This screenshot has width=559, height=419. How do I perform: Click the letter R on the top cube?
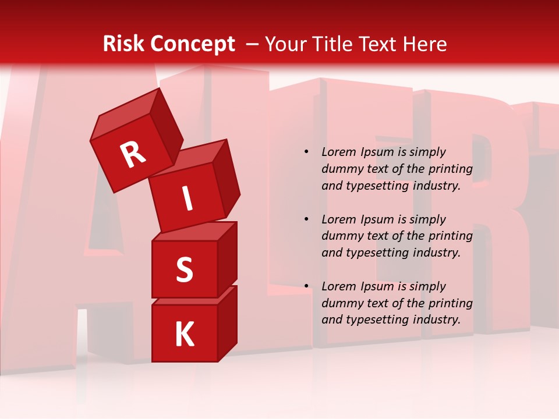133,155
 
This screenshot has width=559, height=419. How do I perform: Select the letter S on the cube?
184,269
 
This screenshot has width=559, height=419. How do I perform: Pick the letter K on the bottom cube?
184,335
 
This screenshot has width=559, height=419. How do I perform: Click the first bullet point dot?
306,152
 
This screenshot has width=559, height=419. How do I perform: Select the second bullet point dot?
306,219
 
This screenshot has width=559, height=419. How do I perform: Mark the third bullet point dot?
306,286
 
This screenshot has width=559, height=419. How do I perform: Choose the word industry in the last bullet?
437,319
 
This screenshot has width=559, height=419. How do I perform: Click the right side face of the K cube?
227,323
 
